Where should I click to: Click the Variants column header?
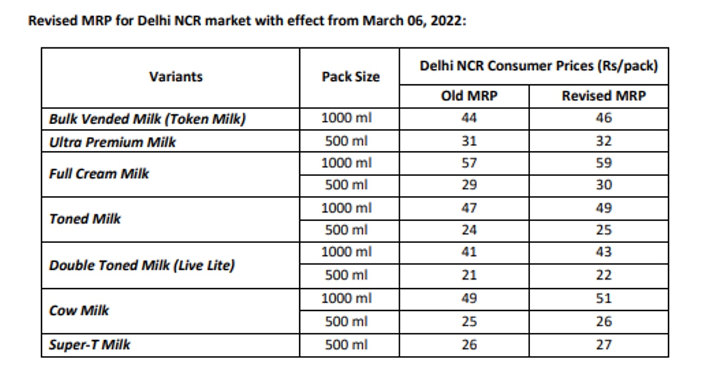click(176, 76)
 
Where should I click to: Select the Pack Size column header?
click(350, 76)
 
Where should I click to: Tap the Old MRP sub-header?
click(468, 96)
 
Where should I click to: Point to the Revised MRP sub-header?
click(603, 96)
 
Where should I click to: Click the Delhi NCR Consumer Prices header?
click(538, 66)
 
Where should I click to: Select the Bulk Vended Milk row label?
click(147, 120)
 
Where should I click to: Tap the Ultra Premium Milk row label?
click(112, 141)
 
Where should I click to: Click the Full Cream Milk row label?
click(99, 174)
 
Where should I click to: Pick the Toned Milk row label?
click(85, 219)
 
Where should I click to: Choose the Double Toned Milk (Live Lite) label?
click(141, 265)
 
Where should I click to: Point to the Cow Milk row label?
click(79, 310)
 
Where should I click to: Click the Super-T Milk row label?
click(90, 345)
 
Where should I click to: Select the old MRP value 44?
click(468, 118)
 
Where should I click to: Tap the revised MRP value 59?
click(603, 163)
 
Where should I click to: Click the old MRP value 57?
click(468, 163)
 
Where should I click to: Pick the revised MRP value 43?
click(603, 252)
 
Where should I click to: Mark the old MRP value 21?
click(468, 275)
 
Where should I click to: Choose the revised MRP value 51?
click(603, 298)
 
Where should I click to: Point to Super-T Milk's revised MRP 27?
click(603, 345)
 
